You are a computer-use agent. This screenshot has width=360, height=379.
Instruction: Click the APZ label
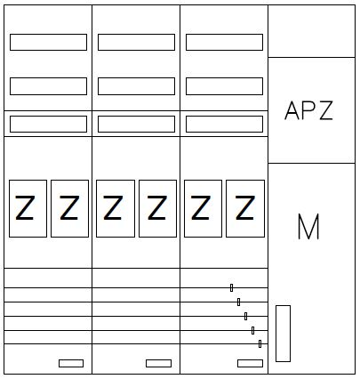pos(308,110)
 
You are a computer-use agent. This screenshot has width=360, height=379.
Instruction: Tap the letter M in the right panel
pos(308,226)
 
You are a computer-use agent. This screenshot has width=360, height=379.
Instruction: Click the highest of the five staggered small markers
pos(231,287)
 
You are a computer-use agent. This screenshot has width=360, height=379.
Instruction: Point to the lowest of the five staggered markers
pos(260,343)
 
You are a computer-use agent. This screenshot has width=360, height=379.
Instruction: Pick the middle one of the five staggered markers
pos(245,316)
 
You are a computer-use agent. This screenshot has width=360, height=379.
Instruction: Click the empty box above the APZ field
pos(311,31)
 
